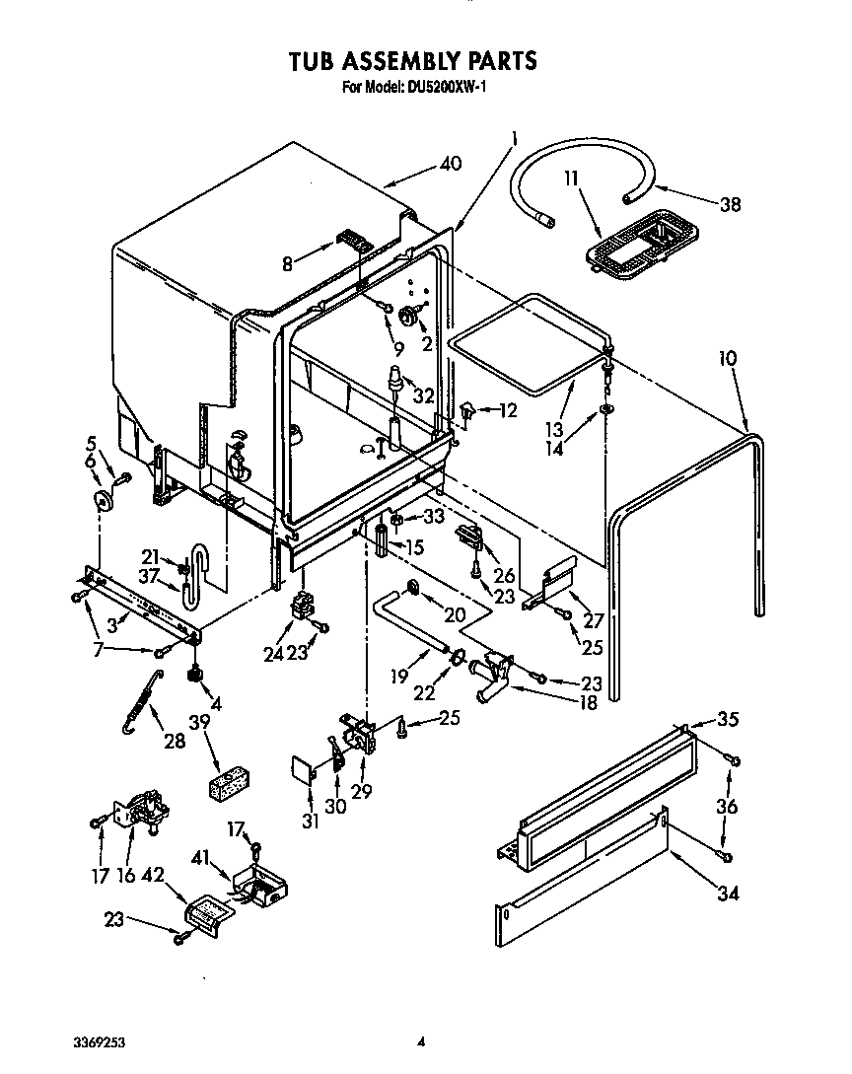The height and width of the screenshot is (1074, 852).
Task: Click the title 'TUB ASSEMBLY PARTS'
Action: (412, 61)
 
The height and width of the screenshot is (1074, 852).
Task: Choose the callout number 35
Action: (727, 719)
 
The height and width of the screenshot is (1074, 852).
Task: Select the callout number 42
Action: (153, 873)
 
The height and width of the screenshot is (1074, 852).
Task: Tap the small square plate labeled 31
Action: (302, 770)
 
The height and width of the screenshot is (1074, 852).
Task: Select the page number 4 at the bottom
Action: (421, 1041)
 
